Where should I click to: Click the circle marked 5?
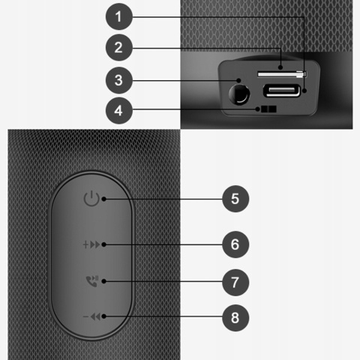[234, 199]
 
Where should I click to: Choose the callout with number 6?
[234, 244]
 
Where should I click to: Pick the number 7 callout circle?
[234, 282]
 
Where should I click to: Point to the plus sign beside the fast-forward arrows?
[85, 244]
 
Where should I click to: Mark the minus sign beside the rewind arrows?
[85, 316]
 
